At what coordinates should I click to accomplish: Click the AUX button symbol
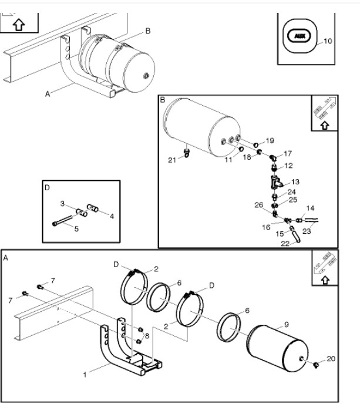(x=300, y=36)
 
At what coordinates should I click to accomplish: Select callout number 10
(x=328, y=41)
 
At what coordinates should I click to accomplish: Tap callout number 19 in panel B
(x=270, y=140)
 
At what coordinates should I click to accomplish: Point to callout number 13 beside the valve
(x=295, y=181)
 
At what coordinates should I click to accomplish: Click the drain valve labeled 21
(x=187, y=153)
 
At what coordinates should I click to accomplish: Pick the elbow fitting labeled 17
(x=273, y=158)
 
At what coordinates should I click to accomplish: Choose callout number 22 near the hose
(x=285, y=243)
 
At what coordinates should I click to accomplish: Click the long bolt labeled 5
(x=63, y=220)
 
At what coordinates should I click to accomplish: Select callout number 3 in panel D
(x=62, y=204)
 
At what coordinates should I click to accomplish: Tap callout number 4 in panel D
(x=112, y=216)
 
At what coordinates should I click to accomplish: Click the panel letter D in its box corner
(x=47, y=187)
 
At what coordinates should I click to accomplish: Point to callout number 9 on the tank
(x=287, y=325)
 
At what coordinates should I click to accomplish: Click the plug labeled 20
(x=316, y=365)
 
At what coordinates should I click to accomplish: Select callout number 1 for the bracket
(x=85, y=375)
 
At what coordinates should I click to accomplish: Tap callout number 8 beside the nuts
(x=147, y=336)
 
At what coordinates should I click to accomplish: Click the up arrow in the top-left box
(x=19, y=25)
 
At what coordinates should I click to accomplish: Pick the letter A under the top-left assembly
(x=48, y=94)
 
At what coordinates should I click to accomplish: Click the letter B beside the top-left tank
(x=148, y=31)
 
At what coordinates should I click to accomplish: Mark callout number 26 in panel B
(x=259, y=205)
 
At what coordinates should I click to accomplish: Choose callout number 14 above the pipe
(x=310, y=208)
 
